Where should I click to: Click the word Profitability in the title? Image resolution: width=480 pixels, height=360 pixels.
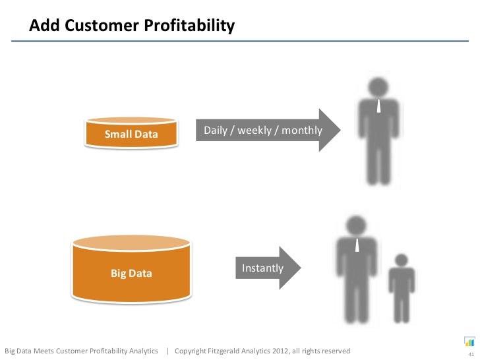(187, 26)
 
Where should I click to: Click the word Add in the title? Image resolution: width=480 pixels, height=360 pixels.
(45, 26)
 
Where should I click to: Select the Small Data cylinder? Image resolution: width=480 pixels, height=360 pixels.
(132, 133)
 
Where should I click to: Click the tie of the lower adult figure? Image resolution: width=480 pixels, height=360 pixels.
(356, 246)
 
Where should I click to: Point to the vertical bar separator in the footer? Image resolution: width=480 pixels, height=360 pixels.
(167, 349)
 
